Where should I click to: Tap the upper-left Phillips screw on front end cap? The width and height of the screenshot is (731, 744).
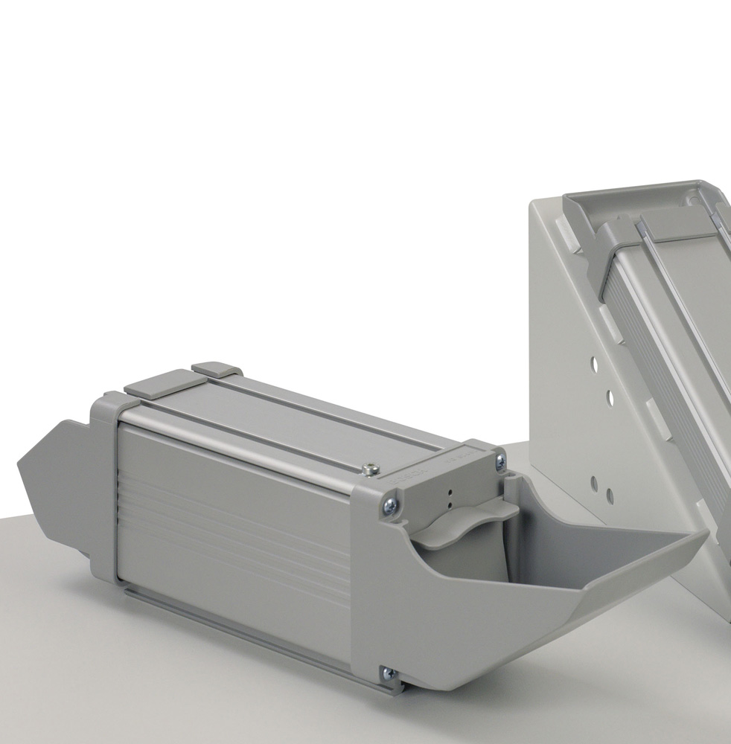tap(389, 506)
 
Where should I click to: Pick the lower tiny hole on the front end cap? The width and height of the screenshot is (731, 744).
tap(449, 504)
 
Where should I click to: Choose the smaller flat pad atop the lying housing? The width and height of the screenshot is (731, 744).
tap(217, 370)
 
